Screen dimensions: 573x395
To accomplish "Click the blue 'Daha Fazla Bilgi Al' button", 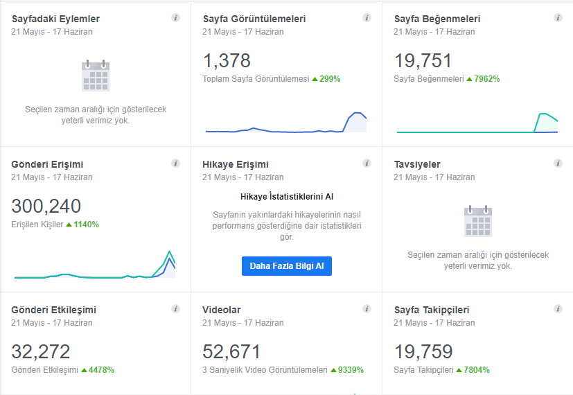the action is pyautogui.click(x=287, y=266).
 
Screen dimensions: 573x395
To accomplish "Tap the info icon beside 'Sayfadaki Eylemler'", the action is pyautogui.click(x=176, y=17).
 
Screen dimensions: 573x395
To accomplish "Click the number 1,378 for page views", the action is pyautogui.click(x=227, y=61).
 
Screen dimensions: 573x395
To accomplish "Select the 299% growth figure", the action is pyautogui.click(x=330, y=79).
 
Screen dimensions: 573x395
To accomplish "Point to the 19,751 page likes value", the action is pyautogui.click(x=423, y=61).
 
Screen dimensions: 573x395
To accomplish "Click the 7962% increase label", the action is pyautogui.click(x=487, y=79).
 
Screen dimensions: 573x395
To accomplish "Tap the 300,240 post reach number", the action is pyautogui.click(x=46, y=206).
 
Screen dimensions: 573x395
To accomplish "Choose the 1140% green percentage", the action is pyautogui.click(x=86, y=225).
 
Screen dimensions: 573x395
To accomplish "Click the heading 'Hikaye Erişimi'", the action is pyautogui.click(x=236, y=164).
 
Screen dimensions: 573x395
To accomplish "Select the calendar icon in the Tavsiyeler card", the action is pyautogui.click(x=478, y=221).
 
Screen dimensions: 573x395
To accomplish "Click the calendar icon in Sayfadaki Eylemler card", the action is pyautogui.click(x=96, y=76).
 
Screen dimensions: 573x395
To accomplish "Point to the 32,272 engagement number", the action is pyautogui.click(x=41, y=351).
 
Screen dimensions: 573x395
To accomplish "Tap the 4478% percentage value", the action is pyautogui.click(x=101, y=370).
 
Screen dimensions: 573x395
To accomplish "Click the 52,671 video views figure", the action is pyautogui.click(x=231, y=351).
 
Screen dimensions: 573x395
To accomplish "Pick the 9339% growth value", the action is pyautogui.click(x=351, y=370).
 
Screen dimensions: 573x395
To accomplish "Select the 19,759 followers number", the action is pyautogui.click(x=423, y=351).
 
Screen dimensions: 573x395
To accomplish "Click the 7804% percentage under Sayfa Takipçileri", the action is pyautogui.click(x=477, y=370).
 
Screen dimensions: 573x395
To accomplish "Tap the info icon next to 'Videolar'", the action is pyautogui.click(x=367, y=309).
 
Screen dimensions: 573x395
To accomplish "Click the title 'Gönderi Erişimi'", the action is pyautogui.click(x=47, y=164).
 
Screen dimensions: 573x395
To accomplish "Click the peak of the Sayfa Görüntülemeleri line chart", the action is pyautogui.click(x=357, y=113).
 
